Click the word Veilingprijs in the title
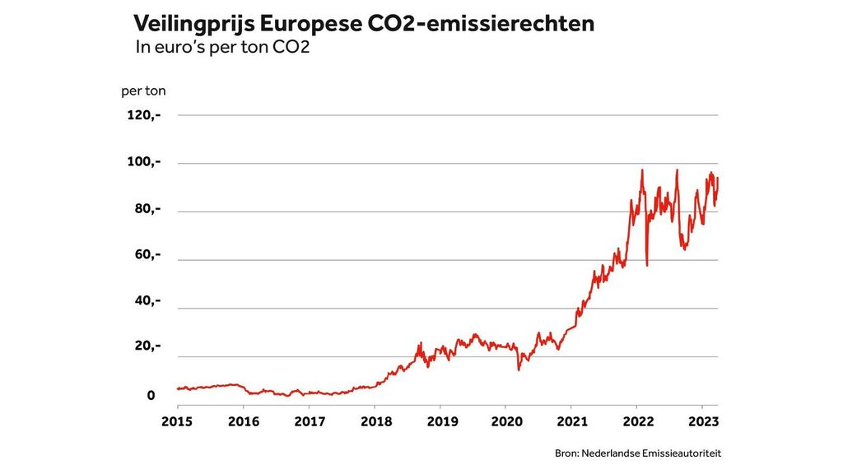[x=191, y=24]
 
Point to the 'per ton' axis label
[x=143, y=91]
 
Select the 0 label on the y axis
[x=151, y=396]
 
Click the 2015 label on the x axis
[x=177, y=421]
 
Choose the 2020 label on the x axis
[x=505, y=421]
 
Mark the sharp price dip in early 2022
[x=647, y=263]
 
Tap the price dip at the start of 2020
[x=519, y=368]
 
